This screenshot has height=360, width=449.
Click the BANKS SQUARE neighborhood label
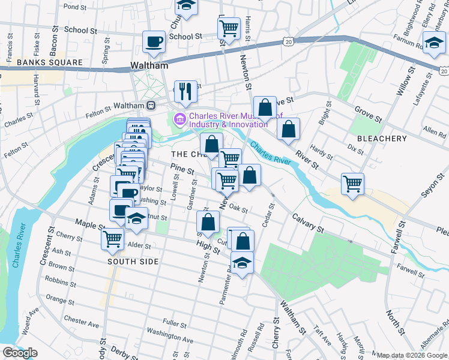(41, 62)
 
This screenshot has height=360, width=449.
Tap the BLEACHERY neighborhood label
(382, 139)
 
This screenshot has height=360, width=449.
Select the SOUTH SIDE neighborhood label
(133, 262)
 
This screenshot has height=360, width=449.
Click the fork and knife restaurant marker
(185, 92)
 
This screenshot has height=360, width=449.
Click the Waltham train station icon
(151, 105)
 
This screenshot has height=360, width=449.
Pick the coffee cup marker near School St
(154, 42)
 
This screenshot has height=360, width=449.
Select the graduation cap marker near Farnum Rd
(434, 43)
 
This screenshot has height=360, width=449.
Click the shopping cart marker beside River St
(352, 182)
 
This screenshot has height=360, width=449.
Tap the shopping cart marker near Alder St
(113, 239)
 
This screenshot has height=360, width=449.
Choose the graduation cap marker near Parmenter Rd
(242, 263)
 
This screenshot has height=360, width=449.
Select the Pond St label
(75, 7)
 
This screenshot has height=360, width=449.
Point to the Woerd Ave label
(30, 320)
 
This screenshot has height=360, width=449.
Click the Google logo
(20, 353)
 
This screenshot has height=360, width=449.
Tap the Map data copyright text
(412, 355)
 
